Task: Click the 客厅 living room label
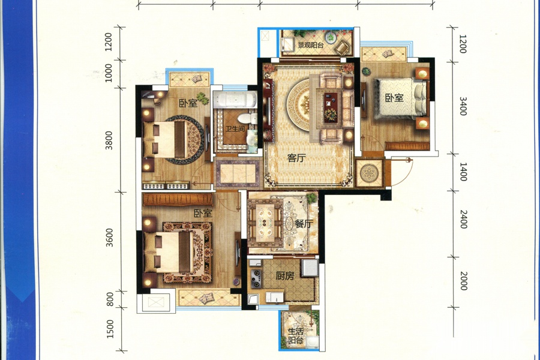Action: (x=296, y=158)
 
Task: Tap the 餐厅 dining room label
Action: (x=303, y=224)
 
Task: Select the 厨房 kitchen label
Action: (x=285, y=276)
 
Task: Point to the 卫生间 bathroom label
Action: (x=235, y=129)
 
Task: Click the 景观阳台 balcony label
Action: (x=311, y=45)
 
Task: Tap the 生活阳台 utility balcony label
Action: (x=296, y=336)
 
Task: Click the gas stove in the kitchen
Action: (x=256, y=278)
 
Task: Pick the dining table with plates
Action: (x=265, y=223)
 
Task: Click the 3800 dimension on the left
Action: (x=109, y=140)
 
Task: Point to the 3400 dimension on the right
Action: (x=463, y=106)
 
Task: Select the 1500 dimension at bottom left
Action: (x=110, y=329)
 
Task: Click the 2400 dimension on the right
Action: (x=464, y=219)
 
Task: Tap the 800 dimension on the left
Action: (x=110, y=299)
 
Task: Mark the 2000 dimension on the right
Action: (x=464, y=281)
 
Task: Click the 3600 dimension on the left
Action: (x=109, y=238)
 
